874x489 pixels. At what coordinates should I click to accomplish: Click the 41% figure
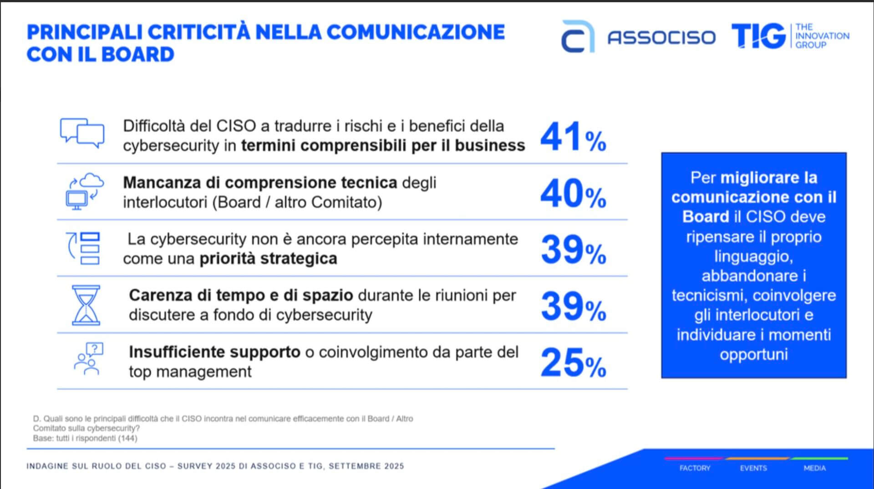pos(573,136)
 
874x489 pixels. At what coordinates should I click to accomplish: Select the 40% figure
pos(573,193)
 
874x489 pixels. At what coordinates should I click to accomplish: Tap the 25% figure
pos(573,363)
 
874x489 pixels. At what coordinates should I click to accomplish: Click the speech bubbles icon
pos(82,133)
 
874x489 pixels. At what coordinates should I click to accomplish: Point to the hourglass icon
pos(86,305)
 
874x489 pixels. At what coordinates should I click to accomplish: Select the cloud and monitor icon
pos(85,191)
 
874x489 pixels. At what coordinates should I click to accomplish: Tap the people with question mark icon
pos(88,358)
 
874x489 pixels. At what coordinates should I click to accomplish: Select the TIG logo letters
pos(758,36)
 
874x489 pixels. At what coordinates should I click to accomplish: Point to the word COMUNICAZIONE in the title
pos(416,32)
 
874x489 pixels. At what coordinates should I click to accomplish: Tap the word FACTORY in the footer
pos(695,468)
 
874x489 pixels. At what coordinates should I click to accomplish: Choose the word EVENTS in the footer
pos(753,468)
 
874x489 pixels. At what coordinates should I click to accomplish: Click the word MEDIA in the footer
pos(814,468)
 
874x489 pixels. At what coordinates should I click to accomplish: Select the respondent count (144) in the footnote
pos(127,438)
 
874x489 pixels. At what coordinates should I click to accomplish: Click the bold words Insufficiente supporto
pos(214,352)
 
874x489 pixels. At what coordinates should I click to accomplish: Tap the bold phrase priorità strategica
pos(268,258)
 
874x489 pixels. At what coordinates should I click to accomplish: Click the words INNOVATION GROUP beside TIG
pos(822,40)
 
